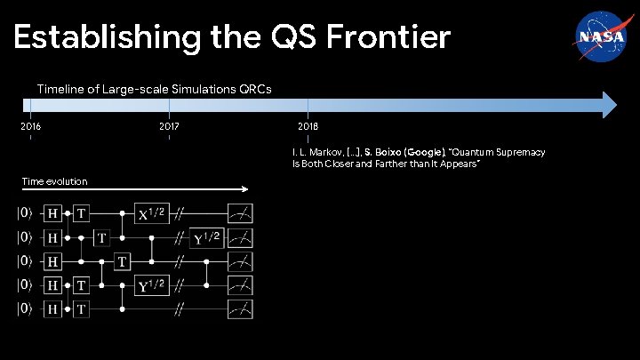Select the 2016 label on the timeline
click(30, 126)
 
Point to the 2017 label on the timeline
click(169, 126)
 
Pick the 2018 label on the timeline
click(308, 126)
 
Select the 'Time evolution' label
click(54, 181)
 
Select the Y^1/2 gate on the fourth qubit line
click(149, 285)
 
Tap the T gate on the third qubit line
click(123, 261)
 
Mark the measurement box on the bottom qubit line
click(240, 309)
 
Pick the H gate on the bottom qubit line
click(53, 309)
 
